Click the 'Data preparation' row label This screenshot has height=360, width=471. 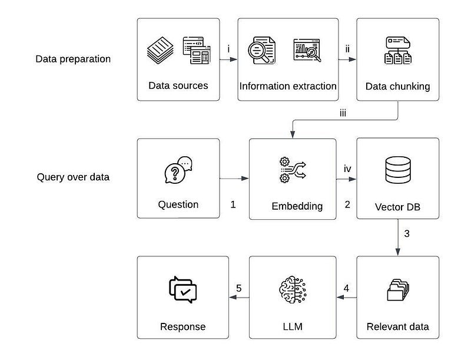click(x=73, y=59)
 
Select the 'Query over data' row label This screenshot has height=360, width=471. click(x=73, y=176)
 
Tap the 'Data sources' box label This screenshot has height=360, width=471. click(x=178, y=85)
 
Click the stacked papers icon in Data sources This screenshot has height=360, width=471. click(x=160, y=50)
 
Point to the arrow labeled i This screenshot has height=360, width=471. click(x=230, y=60)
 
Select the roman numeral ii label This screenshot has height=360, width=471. click(x=347, y=48)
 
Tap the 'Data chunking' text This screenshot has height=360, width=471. click(x=397, y=86)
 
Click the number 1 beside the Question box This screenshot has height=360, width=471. click(x=233, y=205)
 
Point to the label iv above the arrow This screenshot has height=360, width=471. click(x=347, y=169)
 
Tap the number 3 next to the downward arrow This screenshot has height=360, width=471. click(x=406, y=233)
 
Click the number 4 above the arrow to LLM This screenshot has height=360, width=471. click(x=346, y=289)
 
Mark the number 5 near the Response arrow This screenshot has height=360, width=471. click(x=238, y=289)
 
